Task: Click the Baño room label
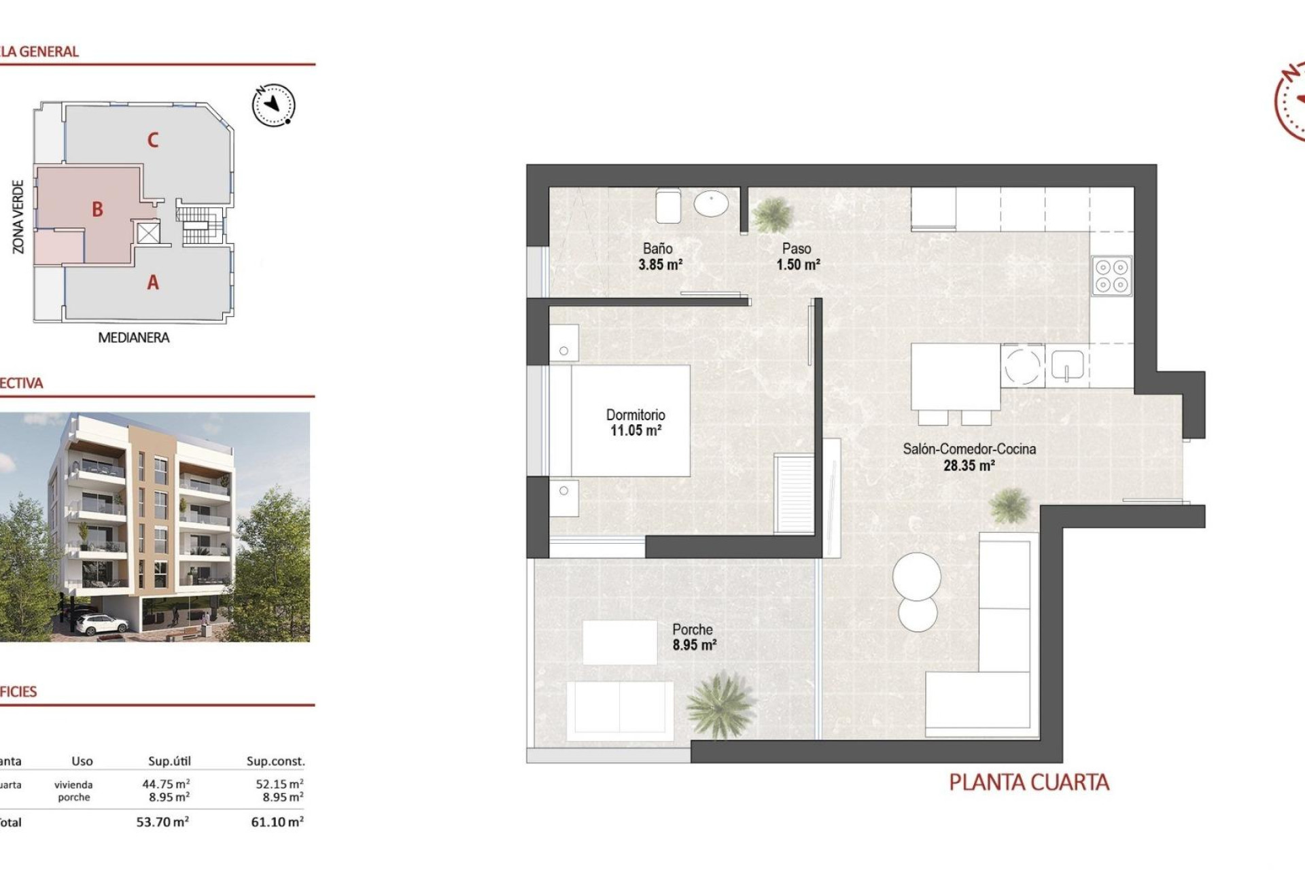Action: (657, 249)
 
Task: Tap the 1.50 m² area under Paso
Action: (798, 265)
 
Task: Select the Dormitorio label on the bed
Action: (636, 415)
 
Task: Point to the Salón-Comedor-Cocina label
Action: (969, 449)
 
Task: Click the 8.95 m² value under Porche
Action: (694, 645)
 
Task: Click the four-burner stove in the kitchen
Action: (1111, 276)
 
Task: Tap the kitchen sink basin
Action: (1067, 365)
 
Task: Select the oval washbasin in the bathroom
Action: (711, 203)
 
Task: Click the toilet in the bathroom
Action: (668, 205)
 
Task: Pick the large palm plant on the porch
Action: (720, 705)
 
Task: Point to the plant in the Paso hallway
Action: (773, 214)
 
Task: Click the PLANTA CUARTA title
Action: (1028, 782)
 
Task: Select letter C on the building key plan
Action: (153, 140)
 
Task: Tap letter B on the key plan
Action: (97, 209)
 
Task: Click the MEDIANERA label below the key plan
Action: (133, 338)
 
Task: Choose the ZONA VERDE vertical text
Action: (18, 217)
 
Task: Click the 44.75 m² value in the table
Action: (165, 784)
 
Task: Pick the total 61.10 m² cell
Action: (277, 822)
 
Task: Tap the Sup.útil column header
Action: (169, 761)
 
